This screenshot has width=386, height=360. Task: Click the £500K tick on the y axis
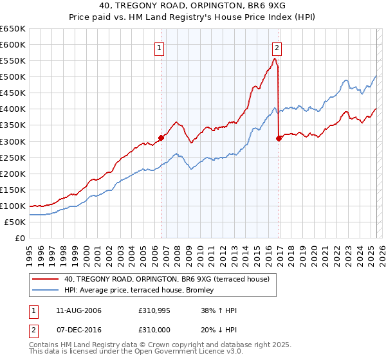point(13,77)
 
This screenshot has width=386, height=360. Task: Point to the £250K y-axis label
point(13,157)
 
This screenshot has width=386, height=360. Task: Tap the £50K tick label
point(15,222)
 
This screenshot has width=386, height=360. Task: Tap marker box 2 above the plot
point(277,47)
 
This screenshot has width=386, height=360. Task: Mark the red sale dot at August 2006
point(161,137)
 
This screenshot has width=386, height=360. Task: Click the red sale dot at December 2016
point(278,138)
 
